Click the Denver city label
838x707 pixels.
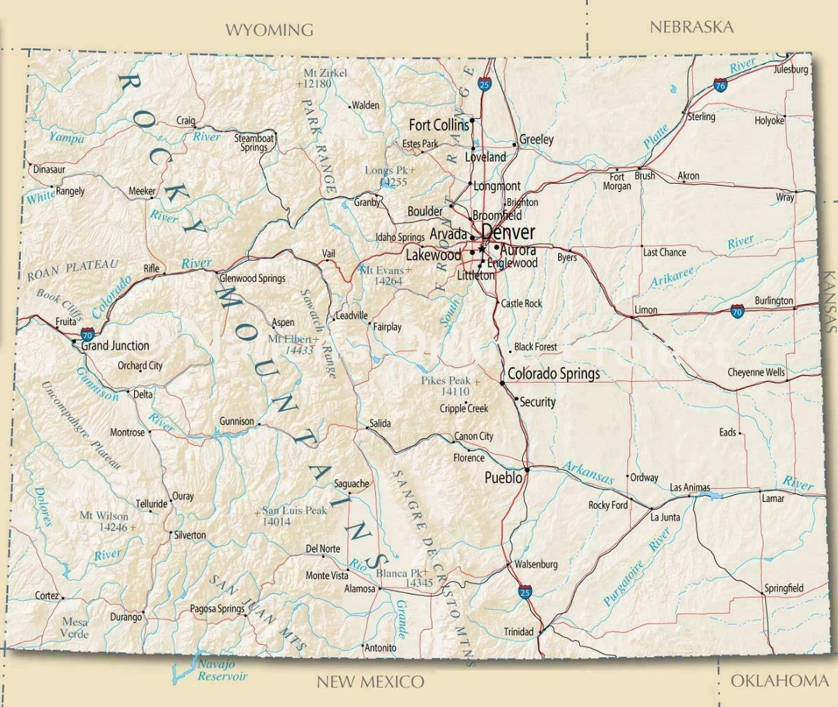point(508,232)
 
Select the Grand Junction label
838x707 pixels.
point(115,345)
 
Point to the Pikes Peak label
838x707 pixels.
point(446,381)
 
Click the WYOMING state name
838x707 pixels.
point(269,29)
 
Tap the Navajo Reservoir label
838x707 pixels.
point(221,670)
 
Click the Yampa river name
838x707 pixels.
point(66,137)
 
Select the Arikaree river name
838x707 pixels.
point(672,277)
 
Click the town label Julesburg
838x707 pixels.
point(791,69)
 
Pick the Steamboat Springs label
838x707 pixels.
point(254,142)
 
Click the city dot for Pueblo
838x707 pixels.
point(527,470)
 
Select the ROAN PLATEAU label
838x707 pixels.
point(73,270)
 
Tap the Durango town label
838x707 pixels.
point(126,617)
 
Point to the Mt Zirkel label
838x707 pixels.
point(325,73)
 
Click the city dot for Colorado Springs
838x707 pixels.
point(502,382)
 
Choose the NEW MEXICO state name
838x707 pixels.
point(370,682)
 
